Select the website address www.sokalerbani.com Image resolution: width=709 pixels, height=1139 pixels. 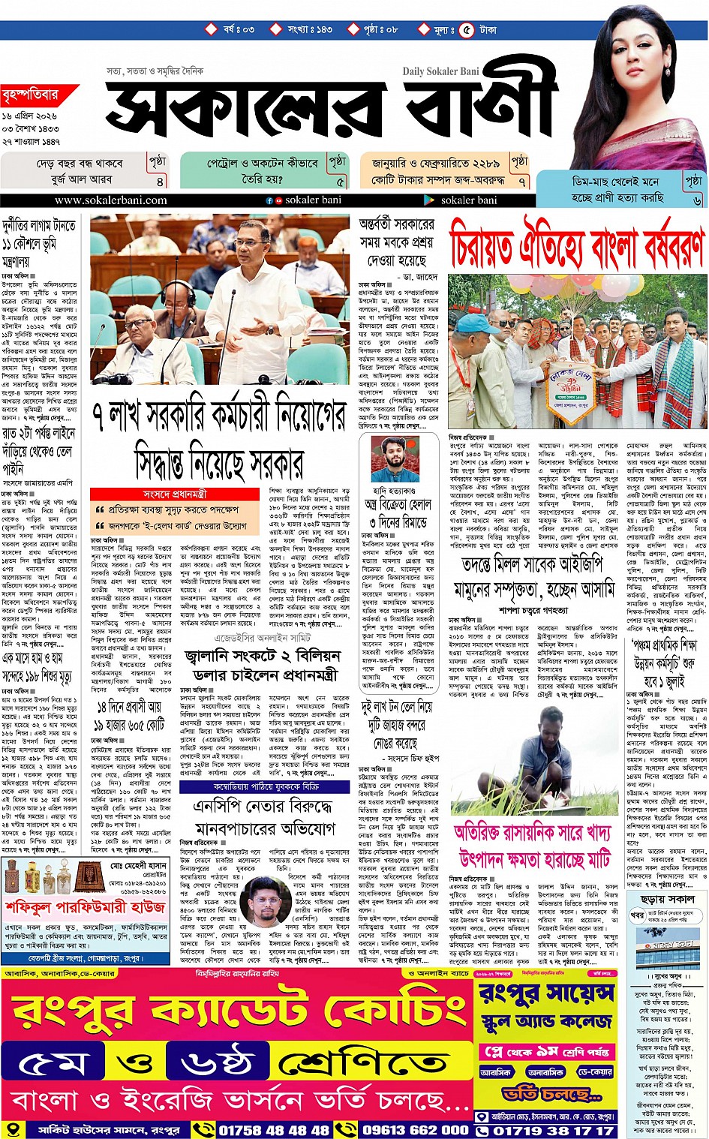(x=110, y=200)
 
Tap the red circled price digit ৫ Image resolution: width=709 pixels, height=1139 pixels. (x=467, y=30)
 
